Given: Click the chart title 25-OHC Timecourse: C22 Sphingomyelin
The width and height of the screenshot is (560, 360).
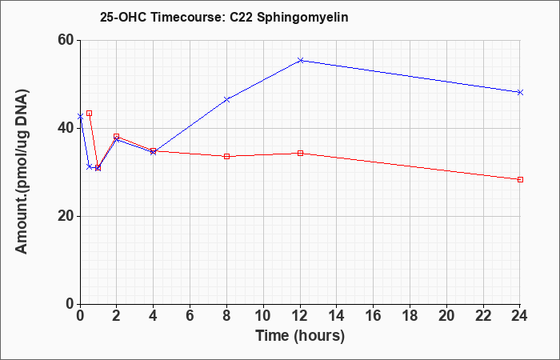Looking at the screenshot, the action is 224,18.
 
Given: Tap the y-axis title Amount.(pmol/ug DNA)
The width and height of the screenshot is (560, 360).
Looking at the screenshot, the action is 22,171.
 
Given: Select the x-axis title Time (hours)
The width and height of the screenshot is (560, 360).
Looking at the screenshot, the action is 300,337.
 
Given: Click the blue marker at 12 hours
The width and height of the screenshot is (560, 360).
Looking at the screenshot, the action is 300,60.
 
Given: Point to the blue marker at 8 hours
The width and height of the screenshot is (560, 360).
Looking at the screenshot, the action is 226,99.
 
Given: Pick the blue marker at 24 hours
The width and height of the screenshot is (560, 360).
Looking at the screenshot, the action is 520,92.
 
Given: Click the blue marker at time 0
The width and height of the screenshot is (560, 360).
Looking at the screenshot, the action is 80,116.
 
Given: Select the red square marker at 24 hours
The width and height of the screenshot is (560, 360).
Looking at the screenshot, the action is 520,180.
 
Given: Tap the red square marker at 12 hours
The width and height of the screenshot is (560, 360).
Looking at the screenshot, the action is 300,154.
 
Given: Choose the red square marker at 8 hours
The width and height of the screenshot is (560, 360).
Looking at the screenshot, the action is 226,157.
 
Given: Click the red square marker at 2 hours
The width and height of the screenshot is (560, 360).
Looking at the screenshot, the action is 117,137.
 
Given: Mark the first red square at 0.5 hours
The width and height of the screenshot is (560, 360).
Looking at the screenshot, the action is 90,114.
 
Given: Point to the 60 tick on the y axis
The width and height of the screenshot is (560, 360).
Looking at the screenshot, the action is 66,40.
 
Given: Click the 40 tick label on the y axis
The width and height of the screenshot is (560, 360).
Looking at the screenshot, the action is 66,128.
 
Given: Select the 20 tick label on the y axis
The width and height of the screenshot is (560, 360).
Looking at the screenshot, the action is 66,216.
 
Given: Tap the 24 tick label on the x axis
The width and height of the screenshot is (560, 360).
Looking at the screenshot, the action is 519,315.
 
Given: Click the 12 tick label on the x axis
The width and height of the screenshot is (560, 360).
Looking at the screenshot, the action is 300,315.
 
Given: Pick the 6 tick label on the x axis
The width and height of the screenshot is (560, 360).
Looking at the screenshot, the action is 190,315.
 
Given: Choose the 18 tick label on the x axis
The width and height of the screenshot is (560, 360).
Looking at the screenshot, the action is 410,315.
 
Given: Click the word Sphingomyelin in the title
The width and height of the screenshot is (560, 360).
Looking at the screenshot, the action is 302,18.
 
